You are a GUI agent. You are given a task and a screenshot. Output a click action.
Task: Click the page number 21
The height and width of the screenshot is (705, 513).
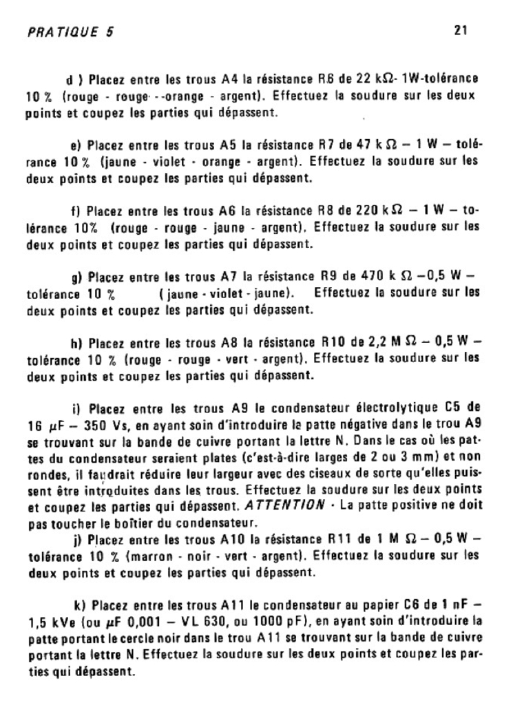pyautogui.click(x=461, y=30)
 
